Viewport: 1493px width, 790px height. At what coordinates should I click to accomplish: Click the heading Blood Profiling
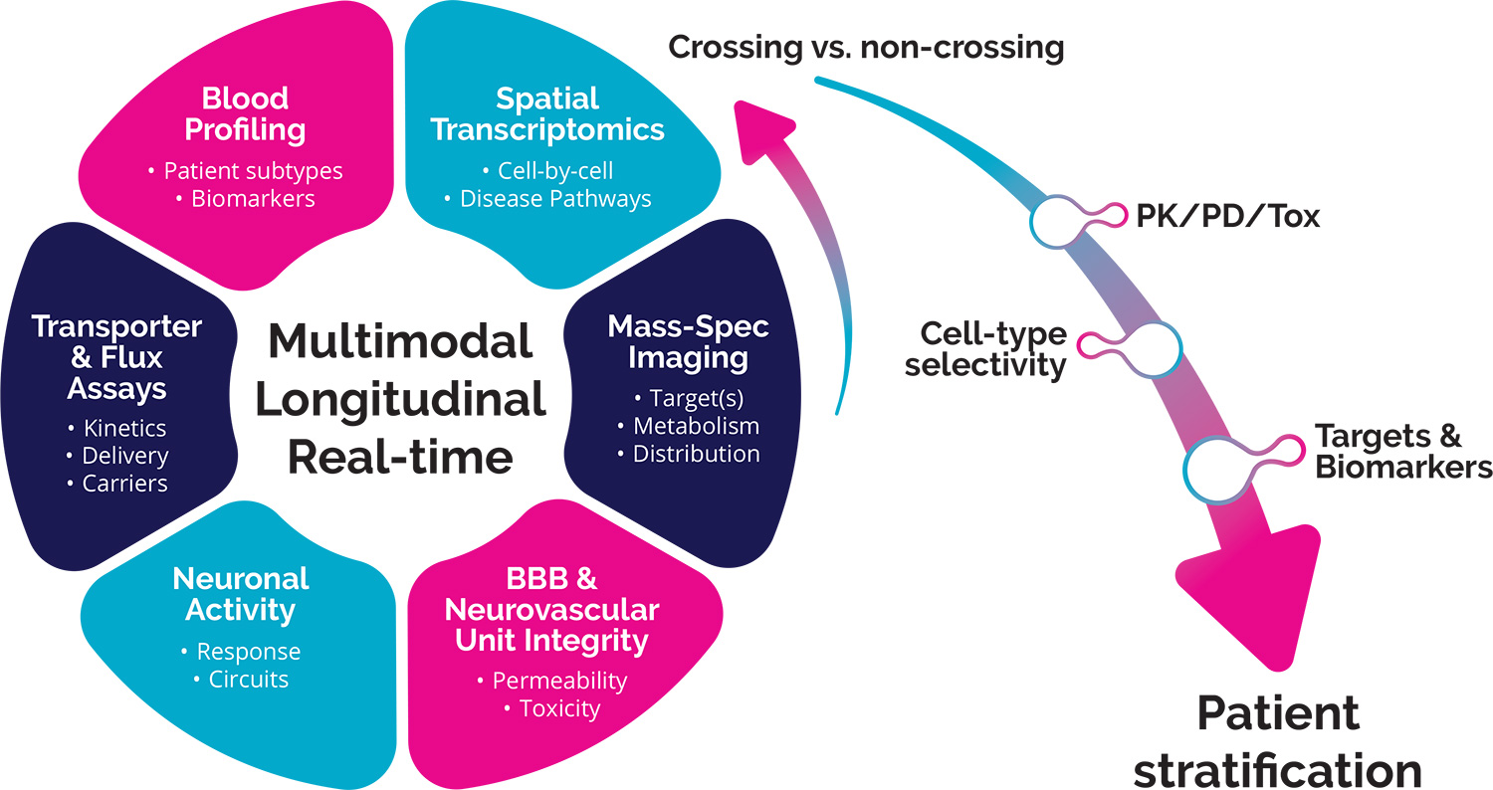click(x=245, y=113)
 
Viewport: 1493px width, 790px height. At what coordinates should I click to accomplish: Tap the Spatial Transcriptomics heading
click(x=548, y=113)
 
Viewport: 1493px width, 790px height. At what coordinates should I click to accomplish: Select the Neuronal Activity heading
click(x=241, y=593)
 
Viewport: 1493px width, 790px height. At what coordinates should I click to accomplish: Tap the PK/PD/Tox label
click(x=1228, y=216)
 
